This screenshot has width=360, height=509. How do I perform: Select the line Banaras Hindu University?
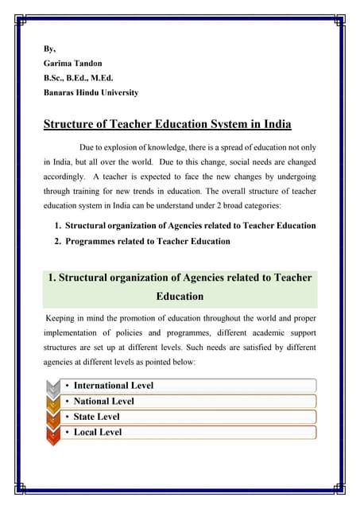point(91,93)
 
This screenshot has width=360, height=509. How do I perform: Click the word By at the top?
point(49,49)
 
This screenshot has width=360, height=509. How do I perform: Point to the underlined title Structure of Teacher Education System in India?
point(167,124)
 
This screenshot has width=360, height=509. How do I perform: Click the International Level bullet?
point(113,386)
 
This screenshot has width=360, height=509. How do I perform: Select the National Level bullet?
point(103,402)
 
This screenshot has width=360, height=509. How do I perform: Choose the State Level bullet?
point(99,417)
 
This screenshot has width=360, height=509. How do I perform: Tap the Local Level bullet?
point(98,432)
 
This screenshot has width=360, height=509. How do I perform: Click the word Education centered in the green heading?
point(180,297)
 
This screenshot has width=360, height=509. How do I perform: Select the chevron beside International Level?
point(52,386)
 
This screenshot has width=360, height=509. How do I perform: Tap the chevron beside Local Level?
point(52,432)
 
